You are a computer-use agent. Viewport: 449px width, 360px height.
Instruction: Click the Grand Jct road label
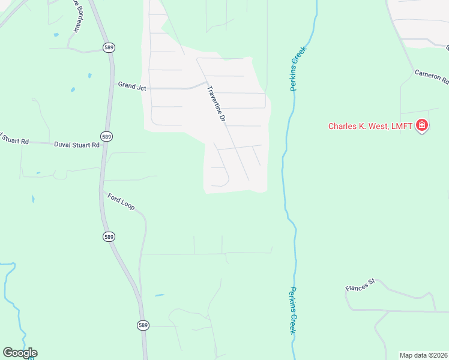tap(132, 86)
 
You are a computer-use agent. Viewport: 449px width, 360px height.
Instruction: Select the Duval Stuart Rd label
tap(76, 145)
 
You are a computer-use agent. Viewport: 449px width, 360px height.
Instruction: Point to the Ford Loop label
tap(121, 201)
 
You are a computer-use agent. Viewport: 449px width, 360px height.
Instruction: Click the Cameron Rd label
tap(431, 76)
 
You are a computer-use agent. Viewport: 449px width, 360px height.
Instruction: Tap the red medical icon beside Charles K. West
tap(422, 125)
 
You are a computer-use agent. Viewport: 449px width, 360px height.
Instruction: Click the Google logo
tap(20, 353)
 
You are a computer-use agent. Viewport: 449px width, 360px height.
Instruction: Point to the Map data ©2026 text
tap(423, 355)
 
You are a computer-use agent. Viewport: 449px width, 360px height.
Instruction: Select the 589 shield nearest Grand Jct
tap(109, 47)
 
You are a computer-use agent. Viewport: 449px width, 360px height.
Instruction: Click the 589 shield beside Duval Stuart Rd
tap(106, 137)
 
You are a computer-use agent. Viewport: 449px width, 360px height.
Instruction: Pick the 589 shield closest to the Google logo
tap(142, 325)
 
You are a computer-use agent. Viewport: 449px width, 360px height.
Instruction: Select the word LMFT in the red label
tap(404, 126)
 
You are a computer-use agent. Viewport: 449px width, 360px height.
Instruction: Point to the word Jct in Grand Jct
tap(141, 86)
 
